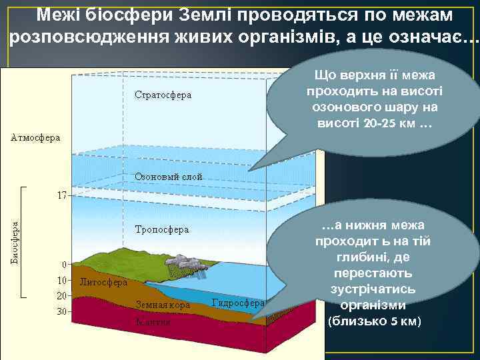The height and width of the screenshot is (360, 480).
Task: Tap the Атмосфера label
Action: (x=35, y=138)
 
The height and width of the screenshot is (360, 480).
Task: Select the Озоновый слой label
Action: (x=169, y=177)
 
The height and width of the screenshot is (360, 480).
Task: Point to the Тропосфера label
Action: (x=162, y=229)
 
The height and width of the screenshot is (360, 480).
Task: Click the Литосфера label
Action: (x=103, y=282)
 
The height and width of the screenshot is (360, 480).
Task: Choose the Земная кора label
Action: (x=163, y=305)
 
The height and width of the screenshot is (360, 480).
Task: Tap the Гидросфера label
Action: (x=238, y=303)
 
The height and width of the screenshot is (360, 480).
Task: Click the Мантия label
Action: (x=153, y=322)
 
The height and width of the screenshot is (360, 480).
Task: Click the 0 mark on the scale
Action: (x=64, y=264)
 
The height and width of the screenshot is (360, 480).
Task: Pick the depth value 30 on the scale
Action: (x=61, y=311)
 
